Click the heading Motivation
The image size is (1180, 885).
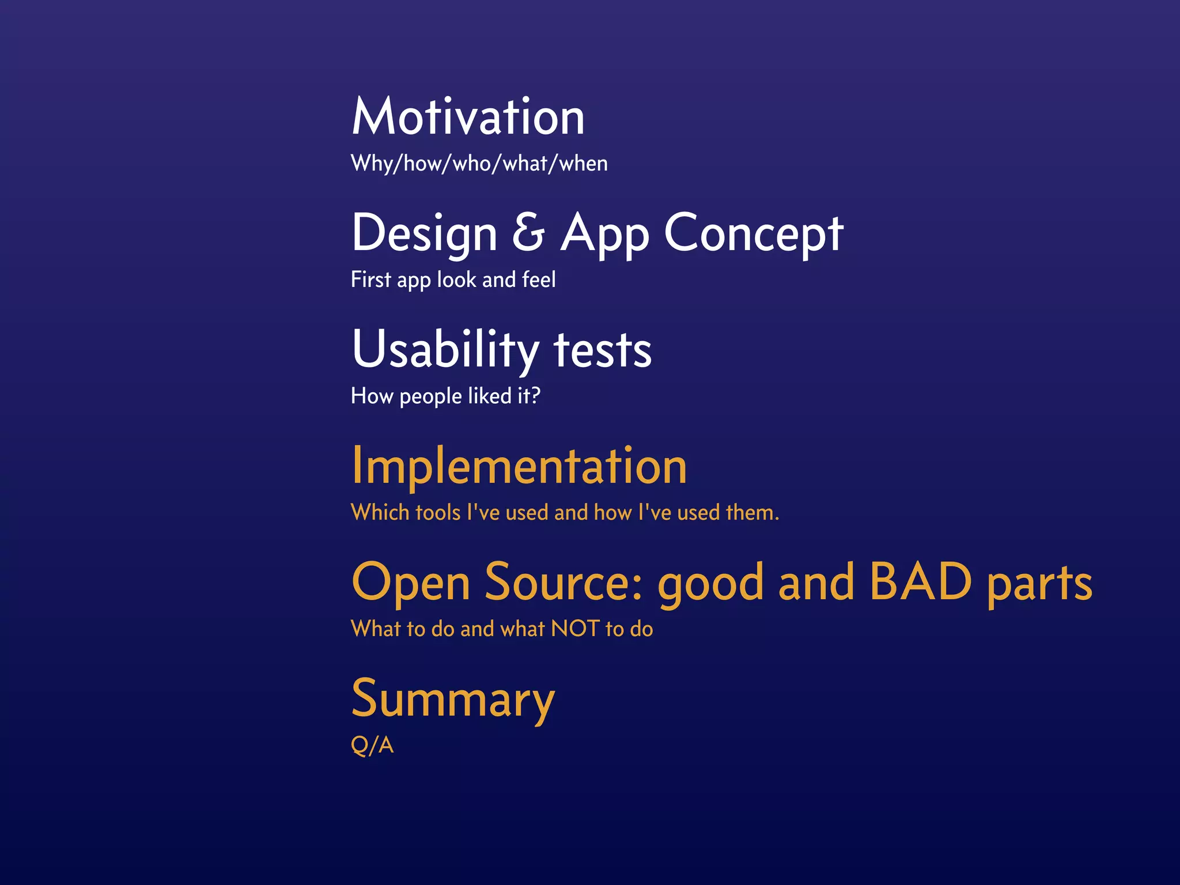coord(468,117)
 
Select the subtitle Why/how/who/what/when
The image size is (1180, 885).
coord(479,164)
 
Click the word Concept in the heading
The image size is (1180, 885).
coord(754,233)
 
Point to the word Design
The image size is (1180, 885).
coord(425,233)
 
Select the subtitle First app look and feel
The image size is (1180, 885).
coord(453,280)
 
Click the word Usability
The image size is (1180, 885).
coord(445,349)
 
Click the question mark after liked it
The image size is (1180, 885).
coord(535,395)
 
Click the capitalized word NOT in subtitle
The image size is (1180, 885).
coord(575,629)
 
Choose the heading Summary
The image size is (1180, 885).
coord(453,699)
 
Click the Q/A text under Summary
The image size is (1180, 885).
coord(372,745)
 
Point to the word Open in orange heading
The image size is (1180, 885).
coord(411,583)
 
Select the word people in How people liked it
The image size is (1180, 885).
coord(430,397)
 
